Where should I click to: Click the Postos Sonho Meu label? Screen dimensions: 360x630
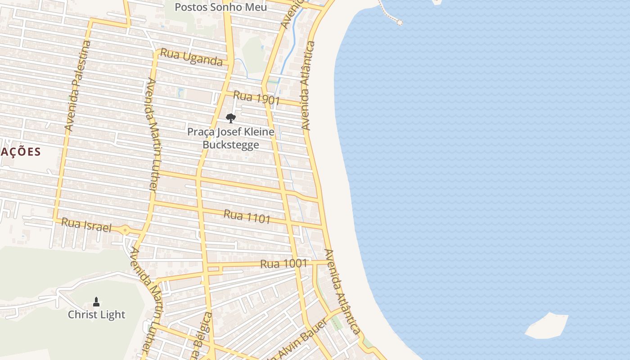[220, 7]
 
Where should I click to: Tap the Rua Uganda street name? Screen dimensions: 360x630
[192, 57]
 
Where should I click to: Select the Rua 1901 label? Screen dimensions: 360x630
[256, 98]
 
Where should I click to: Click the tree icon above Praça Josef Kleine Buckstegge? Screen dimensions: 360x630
[230, 118]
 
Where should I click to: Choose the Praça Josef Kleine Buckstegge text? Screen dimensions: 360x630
[230, 138]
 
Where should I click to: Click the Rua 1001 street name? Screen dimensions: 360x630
[283, 264]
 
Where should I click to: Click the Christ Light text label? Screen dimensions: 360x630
[96, 315]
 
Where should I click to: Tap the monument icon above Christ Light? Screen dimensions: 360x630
[96, 301]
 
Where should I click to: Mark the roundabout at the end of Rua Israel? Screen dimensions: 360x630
[125, 230]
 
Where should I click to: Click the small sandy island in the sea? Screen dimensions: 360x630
[547, 325]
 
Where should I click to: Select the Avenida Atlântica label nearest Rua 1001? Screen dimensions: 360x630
[342, 292]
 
